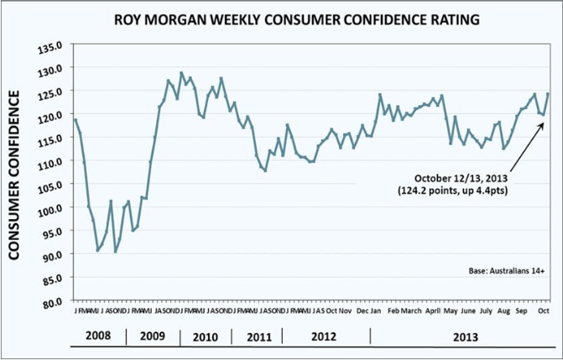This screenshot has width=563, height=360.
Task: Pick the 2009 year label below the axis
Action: (152, 335)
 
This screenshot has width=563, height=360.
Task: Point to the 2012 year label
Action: (324, 335)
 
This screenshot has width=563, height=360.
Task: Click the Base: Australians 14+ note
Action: (505, 273)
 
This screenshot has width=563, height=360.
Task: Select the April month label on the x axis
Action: (433, 310)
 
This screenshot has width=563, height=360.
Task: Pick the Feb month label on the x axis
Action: (392, 310)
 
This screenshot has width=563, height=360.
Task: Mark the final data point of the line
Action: (549, 94)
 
